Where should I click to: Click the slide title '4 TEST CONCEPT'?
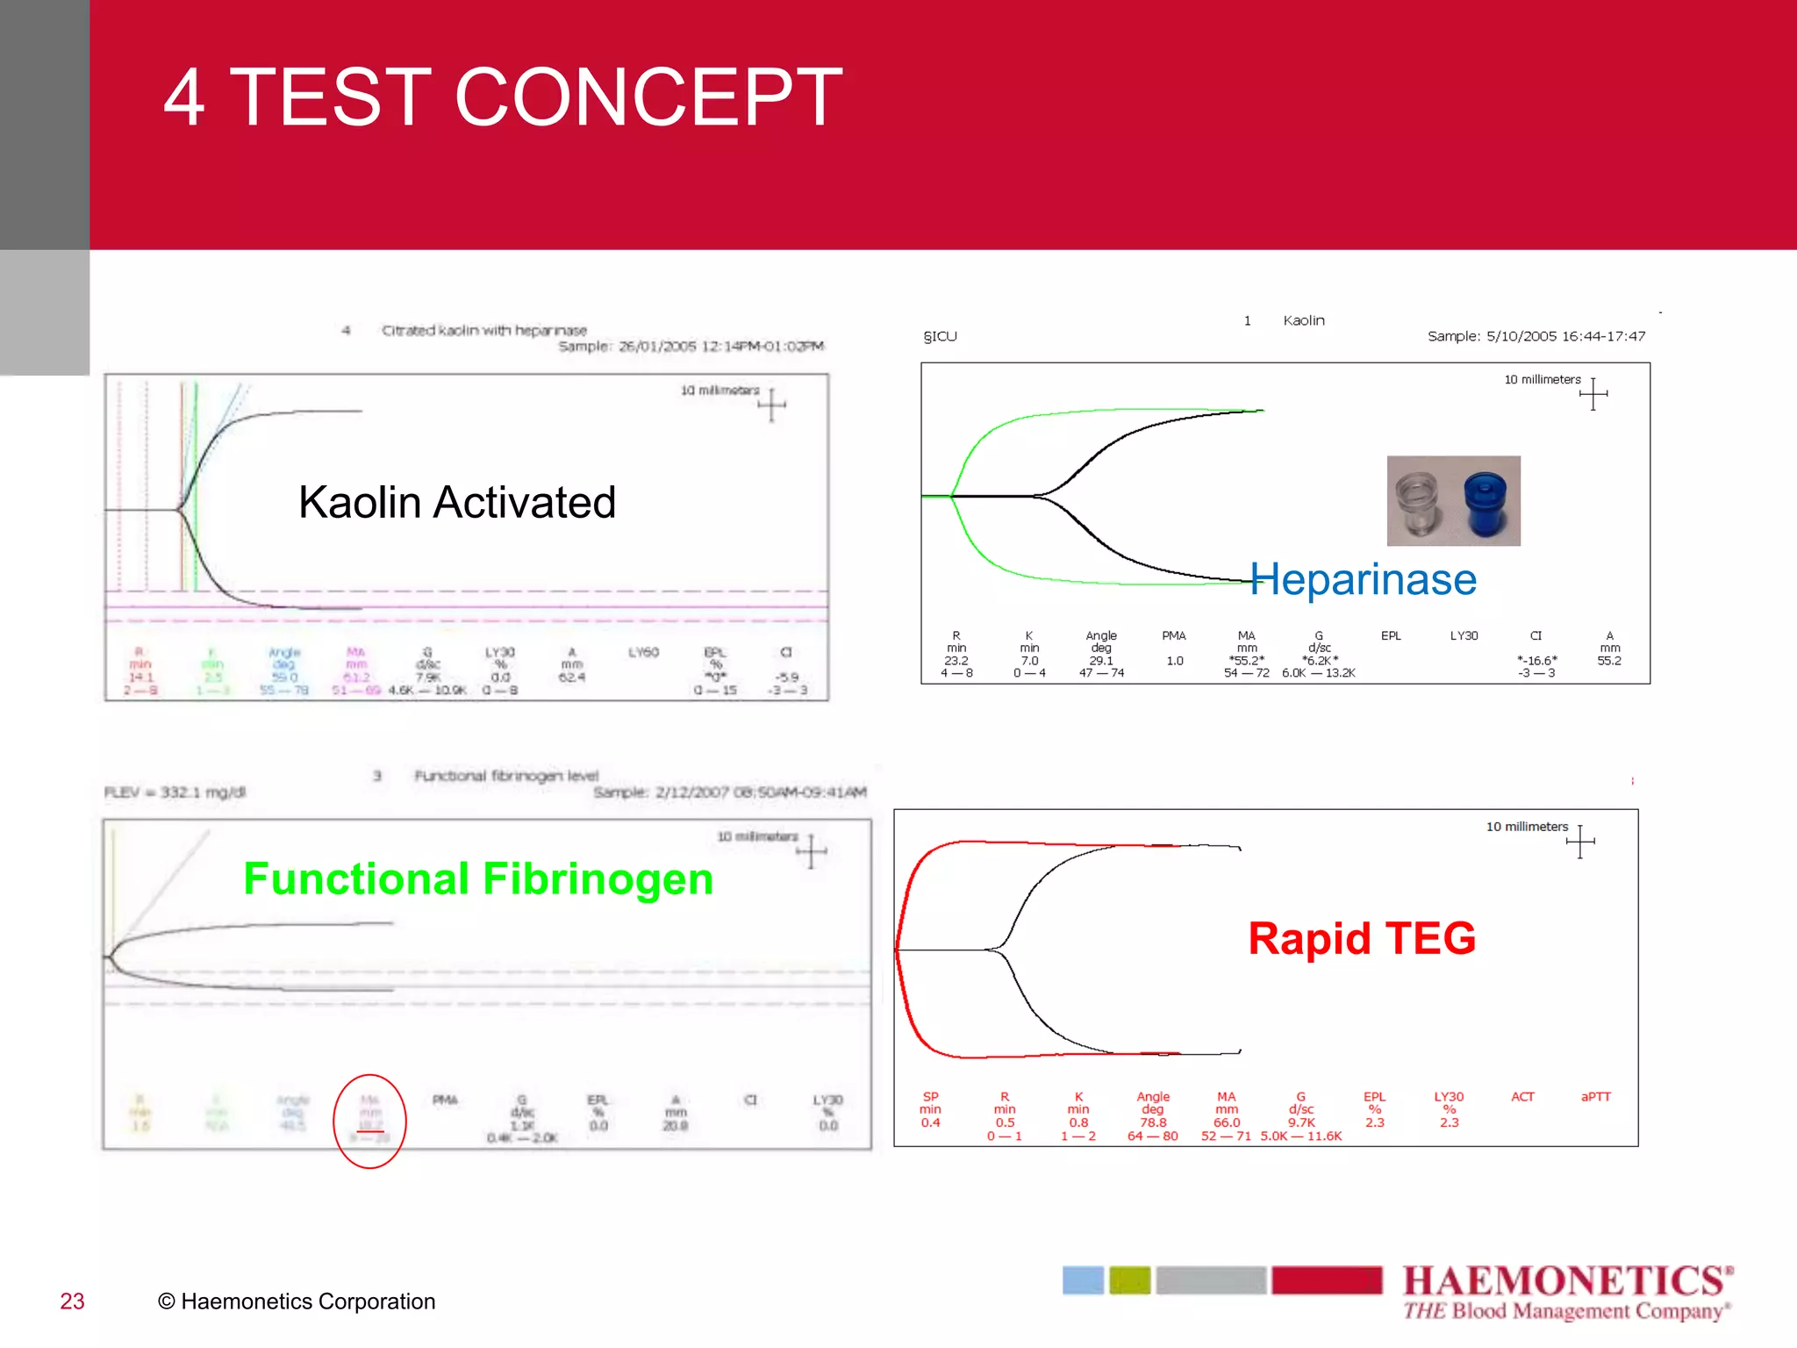[503, 97]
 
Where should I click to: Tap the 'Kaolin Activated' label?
[456, 503]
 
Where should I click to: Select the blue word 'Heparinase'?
[1363, 580]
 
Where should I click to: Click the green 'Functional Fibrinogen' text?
[478, 878]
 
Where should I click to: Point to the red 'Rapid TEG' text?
[1362, 938]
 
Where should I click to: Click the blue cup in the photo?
[1485, 503]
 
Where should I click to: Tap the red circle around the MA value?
[369, 1121]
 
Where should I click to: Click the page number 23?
[72, 1301]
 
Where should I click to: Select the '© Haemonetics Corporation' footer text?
[297, 1301]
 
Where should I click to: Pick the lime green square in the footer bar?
[1129, 1280]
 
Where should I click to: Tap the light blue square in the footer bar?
[1083, 1280]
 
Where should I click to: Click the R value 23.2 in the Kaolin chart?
[956, 661]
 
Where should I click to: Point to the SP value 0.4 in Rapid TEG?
[930, 1122]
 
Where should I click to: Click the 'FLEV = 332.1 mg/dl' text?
[175, 792]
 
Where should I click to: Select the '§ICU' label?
[940, 336]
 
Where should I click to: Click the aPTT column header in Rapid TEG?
[1595, 1097]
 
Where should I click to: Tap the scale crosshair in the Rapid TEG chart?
[1579, 842]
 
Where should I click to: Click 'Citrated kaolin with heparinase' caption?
[483, 331]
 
